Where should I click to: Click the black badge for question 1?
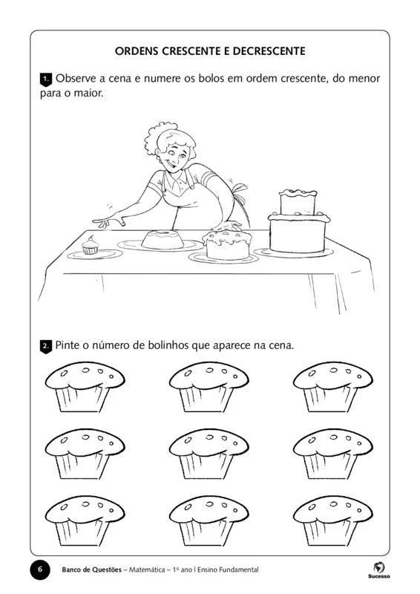[45, 78]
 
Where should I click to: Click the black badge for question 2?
[45, 346]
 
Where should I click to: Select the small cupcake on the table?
[91, 247]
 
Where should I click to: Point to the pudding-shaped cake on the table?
[160, 240]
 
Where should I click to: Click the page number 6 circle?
[40, 569]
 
